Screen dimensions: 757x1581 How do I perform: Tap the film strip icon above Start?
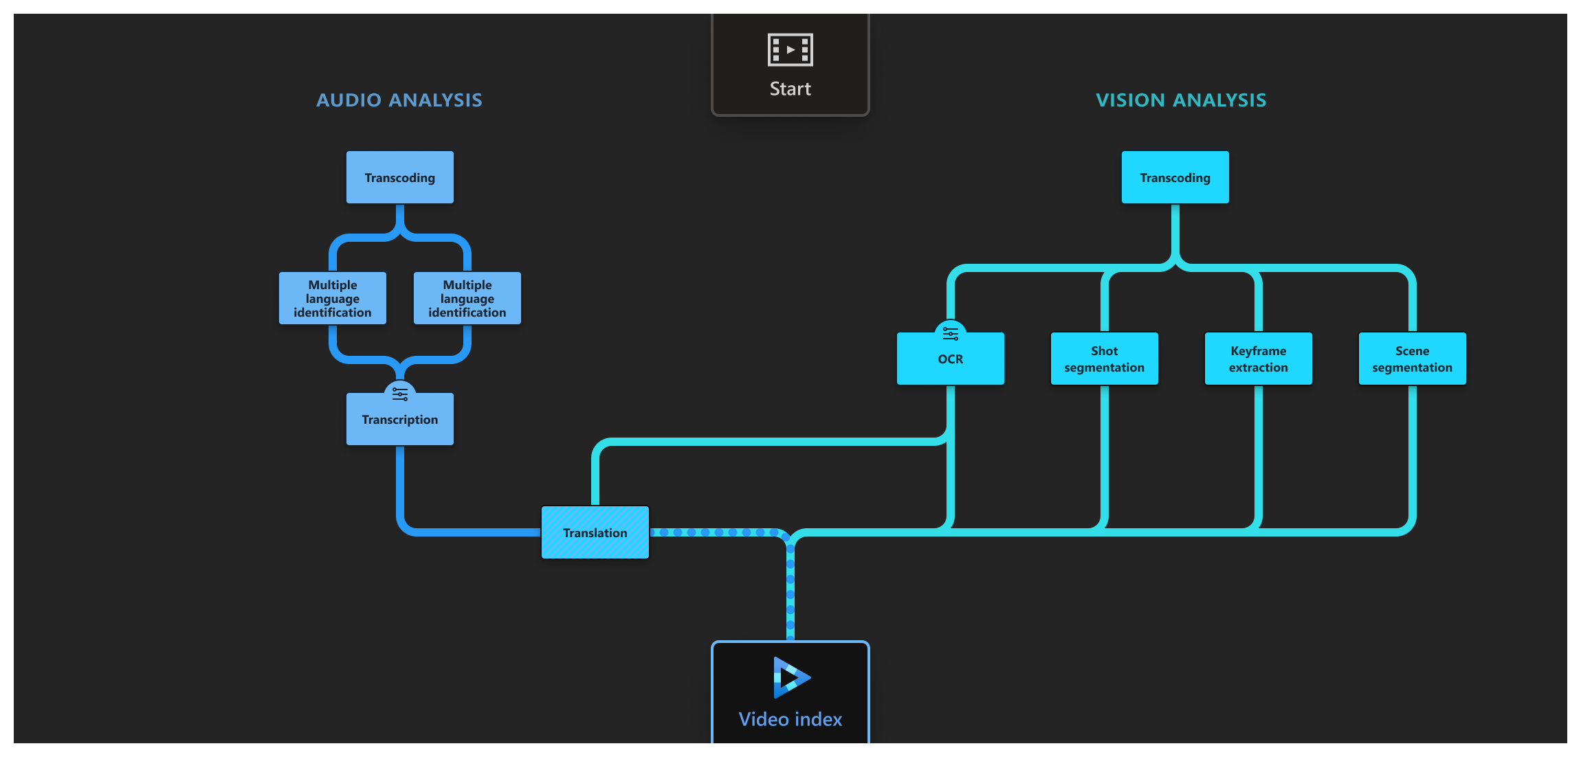[790, 49]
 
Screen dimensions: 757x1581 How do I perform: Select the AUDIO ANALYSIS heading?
[399, 100]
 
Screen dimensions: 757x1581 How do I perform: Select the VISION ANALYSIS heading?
[1180, 100]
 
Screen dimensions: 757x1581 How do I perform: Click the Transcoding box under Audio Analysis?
[399, 177]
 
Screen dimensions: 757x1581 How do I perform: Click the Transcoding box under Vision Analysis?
[1175, 177]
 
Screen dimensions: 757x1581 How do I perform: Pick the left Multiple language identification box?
[332, 298]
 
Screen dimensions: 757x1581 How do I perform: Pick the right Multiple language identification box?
[467, 298]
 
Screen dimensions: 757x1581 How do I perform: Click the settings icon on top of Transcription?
[399, 394]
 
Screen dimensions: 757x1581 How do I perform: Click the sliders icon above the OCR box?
[950, 334]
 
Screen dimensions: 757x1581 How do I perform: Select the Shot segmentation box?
[1104, 359]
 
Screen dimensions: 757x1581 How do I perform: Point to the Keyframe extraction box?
[1258, 359]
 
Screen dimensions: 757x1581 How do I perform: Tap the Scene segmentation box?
[1412, 359]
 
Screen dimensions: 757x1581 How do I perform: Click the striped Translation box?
[595, 532]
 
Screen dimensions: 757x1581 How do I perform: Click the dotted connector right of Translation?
[715, 532]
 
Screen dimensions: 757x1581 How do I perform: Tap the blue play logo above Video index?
[791, 677]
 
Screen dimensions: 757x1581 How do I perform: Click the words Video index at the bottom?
[790, 719]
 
